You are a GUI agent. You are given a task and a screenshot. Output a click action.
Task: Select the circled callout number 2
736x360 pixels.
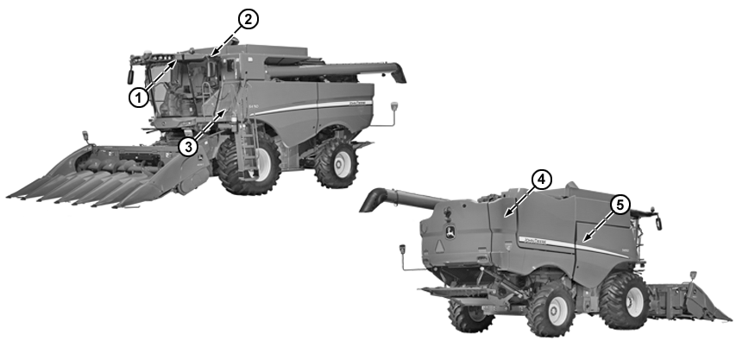point(248,18)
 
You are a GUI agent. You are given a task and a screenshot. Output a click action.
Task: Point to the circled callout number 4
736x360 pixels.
point(539,180)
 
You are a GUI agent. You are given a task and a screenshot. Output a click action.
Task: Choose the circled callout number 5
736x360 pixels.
point(620,205)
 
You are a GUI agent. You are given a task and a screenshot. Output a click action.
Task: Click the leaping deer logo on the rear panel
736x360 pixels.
point(449,231)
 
